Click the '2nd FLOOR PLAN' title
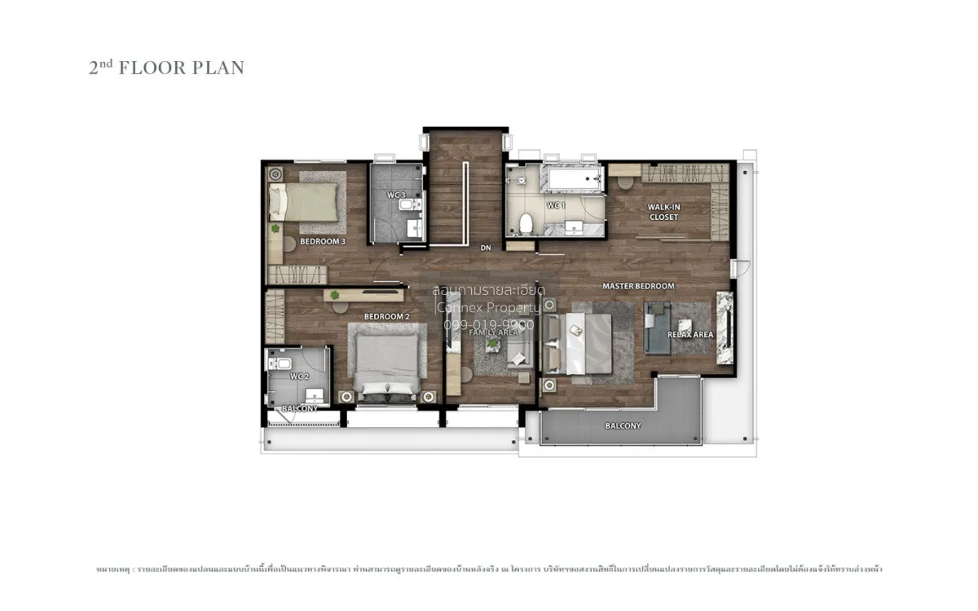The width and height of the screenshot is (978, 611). point(166,68)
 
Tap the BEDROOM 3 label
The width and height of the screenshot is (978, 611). point(323,242)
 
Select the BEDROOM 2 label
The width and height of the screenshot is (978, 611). point(386,316)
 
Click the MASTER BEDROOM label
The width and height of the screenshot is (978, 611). point(638,286)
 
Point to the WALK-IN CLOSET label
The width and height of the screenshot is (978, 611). point(663,212)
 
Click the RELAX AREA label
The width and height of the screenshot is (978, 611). point(690,335)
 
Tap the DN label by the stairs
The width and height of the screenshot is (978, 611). point(486,248)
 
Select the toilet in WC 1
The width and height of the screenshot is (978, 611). point(526,222)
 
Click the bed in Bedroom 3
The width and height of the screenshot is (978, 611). point(304,201)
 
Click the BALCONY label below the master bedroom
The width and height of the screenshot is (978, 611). point(623,426)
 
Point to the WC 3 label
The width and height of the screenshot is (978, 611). point(396,195)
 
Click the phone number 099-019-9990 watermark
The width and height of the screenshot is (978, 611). point(488,324)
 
